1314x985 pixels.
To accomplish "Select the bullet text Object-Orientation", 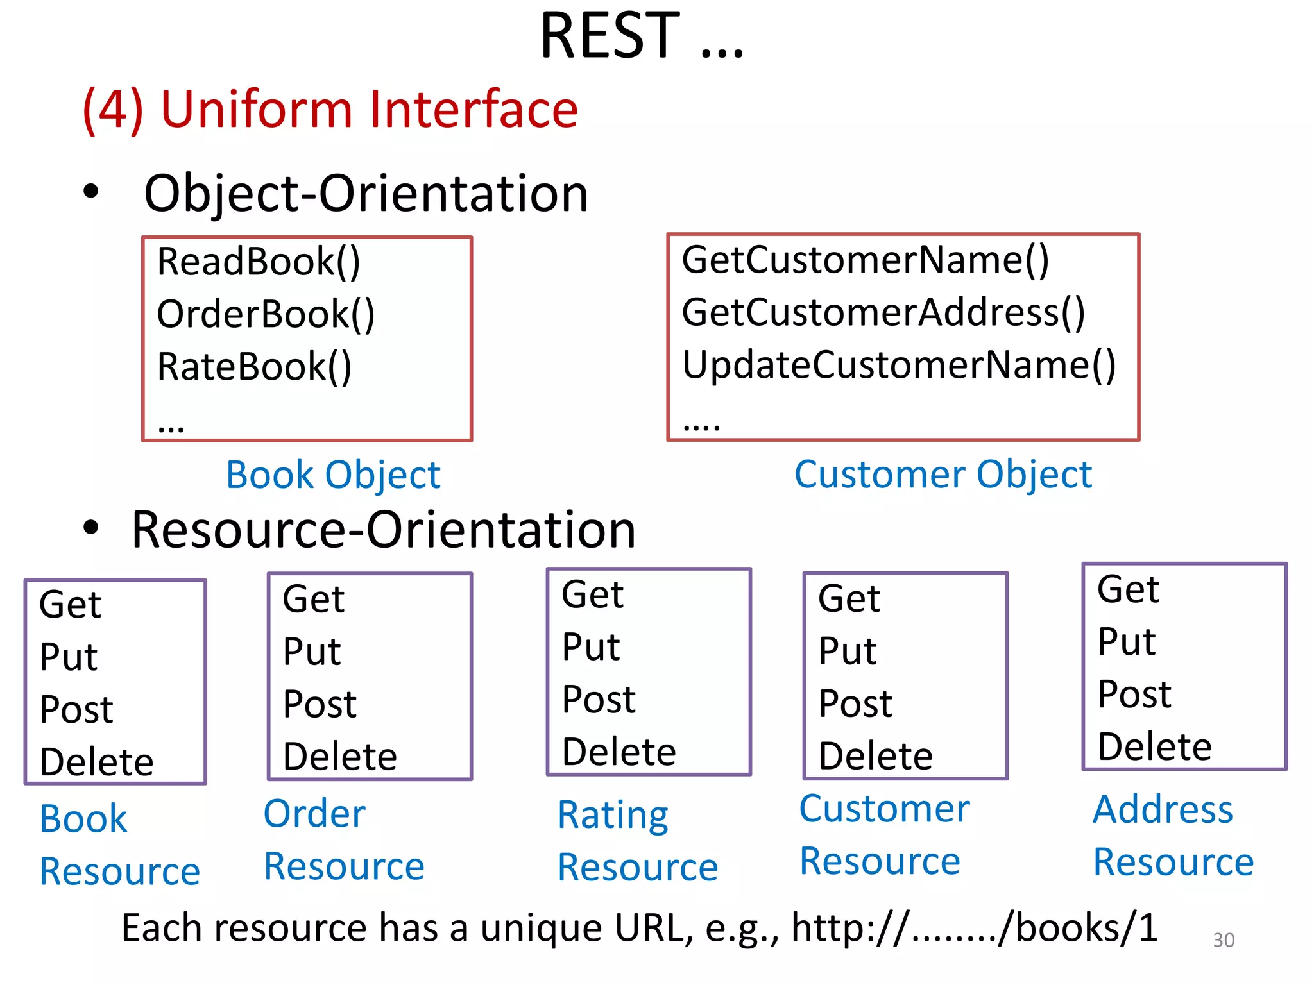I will [x=366, y=194].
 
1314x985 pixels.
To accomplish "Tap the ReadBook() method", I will [x=259, y=262].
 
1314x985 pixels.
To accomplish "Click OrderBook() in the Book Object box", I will [x=266, y=314].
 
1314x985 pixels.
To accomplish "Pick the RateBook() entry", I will [x=254, y=367].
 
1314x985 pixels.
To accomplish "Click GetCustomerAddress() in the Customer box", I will [x=883, y=312].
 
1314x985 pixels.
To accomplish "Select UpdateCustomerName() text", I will [x=898, y=365].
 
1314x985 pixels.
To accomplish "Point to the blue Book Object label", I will [x=333, y=475].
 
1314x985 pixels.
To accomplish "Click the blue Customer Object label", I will [x=943, y=475].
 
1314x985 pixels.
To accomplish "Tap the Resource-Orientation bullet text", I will [x=383, y=530].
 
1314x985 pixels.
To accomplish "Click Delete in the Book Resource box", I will [x=96, y=762].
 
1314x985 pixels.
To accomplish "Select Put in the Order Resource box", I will [x=312, y=652].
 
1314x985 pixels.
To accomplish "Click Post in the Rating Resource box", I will [x=598, y=699].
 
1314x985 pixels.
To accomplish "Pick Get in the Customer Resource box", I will [x=849, y=599].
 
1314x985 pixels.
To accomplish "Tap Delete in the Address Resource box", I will [x=1154, y=746].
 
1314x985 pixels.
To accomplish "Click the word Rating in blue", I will [x=613, y=815].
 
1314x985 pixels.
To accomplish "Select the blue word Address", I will [x=1163, y=809].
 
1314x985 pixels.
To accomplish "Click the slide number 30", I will [x=1223, y=940].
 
